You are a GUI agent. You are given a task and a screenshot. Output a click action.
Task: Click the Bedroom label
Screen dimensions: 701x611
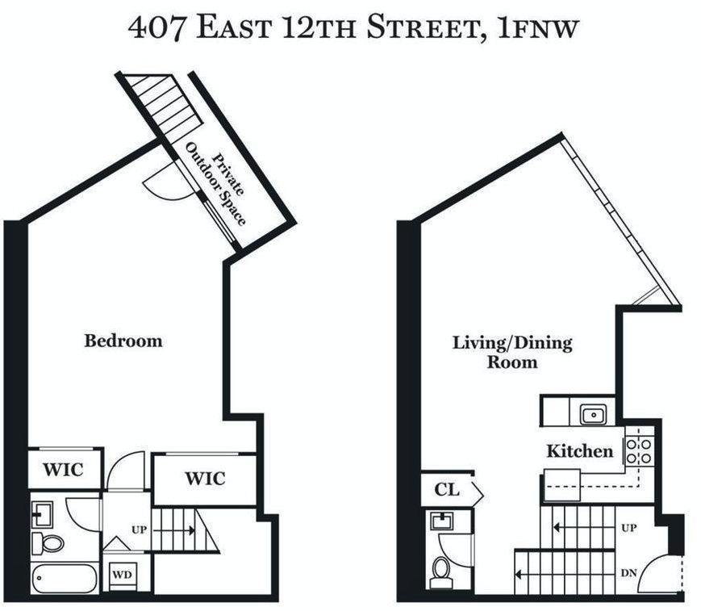click(123, 341)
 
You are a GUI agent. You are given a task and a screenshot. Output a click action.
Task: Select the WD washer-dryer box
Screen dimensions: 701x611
click(123, 575)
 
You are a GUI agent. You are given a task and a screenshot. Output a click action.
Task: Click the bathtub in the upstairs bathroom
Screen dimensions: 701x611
click(65, 579)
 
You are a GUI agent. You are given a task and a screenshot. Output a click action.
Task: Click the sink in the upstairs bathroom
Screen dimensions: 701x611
click(43, 514)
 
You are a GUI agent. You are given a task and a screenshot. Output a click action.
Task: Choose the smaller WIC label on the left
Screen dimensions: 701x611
click(63, 470)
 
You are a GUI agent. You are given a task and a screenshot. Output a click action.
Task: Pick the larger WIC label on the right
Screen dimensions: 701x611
click(205, 479)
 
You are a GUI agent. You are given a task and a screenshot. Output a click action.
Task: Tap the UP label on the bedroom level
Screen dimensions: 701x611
click(139, 530)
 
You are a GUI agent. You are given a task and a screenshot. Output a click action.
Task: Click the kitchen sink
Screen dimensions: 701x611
click(593, 415)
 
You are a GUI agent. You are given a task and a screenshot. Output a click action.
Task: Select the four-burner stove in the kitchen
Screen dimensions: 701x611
click(639, 451)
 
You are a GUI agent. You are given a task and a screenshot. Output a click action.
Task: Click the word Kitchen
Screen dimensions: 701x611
click(580, 451)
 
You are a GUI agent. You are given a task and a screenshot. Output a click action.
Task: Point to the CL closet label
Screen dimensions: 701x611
click(447, 490)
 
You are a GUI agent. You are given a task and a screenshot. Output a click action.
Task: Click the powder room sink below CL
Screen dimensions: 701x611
click(442, 521)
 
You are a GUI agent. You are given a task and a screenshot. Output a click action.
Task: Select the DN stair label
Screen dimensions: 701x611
click(629, 573)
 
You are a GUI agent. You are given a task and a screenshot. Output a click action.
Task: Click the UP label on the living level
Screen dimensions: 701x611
click(629, 528)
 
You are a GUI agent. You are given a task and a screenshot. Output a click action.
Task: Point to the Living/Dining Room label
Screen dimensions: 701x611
click(512, 353)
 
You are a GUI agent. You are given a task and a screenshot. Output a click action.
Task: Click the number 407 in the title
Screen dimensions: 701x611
click(156, 27)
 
